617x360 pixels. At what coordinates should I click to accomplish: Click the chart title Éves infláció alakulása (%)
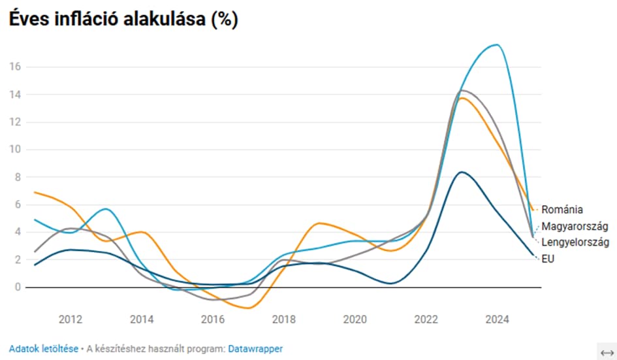123,20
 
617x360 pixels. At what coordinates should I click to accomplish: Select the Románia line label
562,210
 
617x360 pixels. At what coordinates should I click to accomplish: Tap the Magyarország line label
575,226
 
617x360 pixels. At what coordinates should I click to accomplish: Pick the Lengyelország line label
575,242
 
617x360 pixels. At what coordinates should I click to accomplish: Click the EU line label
548,259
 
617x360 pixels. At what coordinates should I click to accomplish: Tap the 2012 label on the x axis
71,319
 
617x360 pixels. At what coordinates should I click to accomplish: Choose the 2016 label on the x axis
213,319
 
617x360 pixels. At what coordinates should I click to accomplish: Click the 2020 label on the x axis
355,319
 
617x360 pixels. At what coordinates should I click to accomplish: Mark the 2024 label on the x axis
498,319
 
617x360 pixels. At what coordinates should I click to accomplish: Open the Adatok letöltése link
43,349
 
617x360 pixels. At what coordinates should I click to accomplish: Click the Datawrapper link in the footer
255,349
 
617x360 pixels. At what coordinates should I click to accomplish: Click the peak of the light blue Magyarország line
497,44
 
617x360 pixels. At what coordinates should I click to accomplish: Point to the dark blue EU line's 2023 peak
462,172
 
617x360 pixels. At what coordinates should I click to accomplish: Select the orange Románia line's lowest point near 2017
247,308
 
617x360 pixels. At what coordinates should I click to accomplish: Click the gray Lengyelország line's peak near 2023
464,90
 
